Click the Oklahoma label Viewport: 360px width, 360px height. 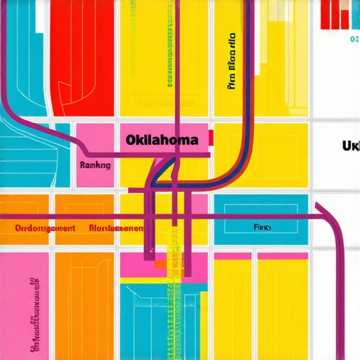[x=162, y=140]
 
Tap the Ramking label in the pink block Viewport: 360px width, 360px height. [x=96, y=165]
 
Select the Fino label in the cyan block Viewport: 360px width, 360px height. [x=262, y=228]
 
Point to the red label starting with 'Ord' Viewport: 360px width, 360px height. [x=45, y=229]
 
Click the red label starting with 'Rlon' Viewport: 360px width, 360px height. [x=117, y=229]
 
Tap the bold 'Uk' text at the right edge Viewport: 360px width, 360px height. [x=350, y=146]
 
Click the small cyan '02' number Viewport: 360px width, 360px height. [x=354, y=40]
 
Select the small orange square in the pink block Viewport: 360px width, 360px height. [x=160, y=264]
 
